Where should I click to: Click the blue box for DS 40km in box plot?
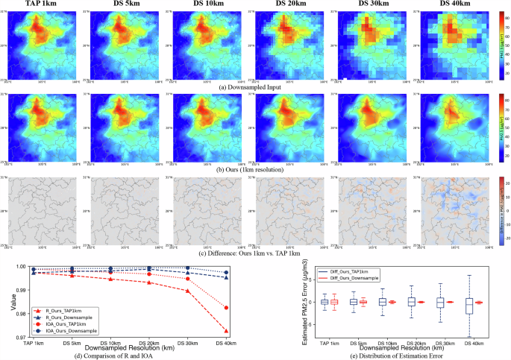click(x=469, y=305)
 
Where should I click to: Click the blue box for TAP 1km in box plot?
click(x=325, y=302)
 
